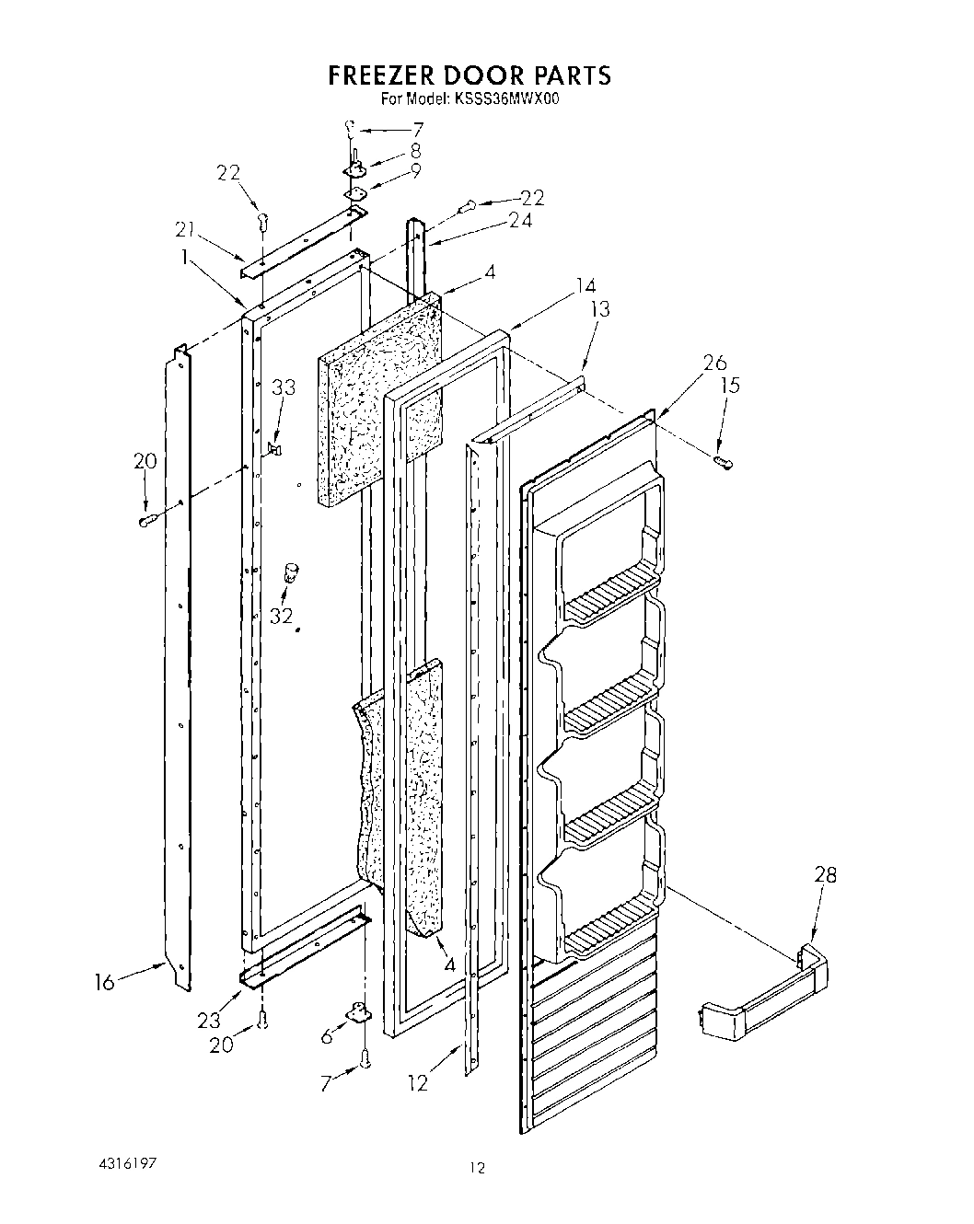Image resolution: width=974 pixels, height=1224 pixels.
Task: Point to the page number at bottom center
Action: [477, 1169]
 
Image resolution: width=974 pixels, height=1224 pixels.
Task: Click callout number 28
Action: [825, 875]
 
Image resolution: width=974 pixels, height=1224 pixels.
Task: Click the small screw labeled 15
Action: [723, 461]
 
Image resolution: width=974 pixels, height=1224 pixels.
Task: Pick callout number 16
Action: [105, 984]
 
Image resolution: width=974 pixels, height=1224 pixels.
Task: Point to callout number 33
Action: [284, 387]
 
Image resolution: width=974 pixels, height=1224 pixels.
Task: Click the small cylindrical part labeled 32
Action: [293, 572]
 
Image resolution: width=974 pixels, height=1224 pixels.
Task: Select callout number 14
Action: [586, 285]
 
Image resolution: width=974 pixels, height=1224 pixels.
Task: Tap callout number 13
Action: [599, 309]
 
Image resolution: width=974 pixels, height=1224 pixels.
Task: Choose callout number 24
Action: [520, 221]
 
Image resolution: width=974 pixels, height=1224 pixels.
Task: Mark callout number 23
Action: [209, 1020]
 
